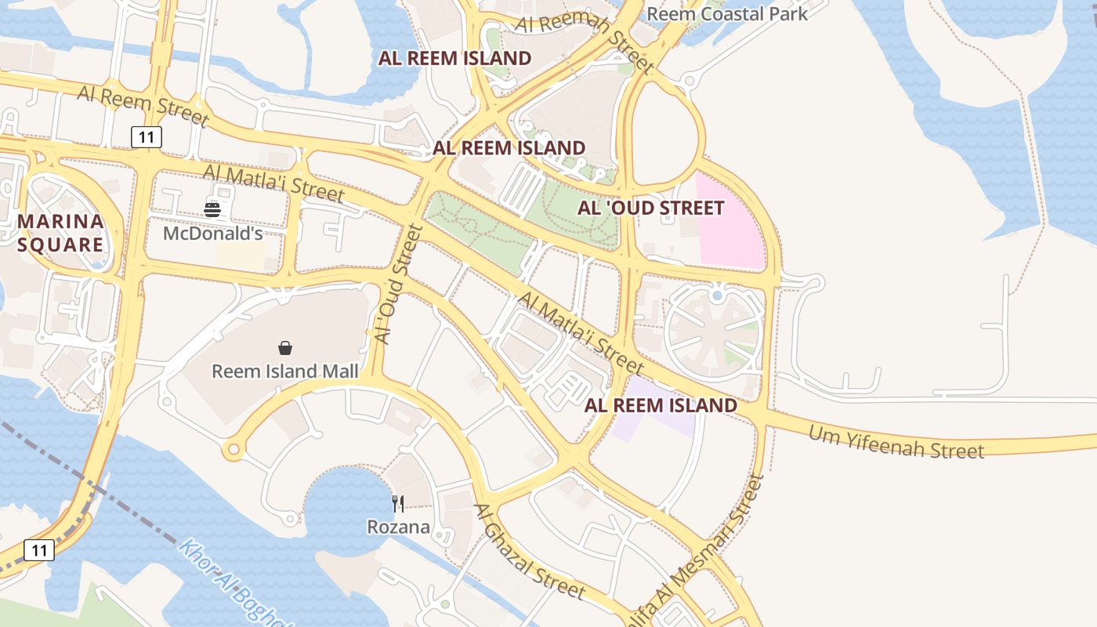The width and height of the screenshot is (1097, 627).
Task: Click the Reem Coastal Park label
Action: click(x=726, y=13)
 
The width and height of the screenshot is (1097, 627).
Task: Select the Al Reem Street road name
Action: click(x=143, y=105)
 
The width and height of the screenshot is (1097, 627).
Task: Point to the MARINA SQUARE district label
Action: click(x=60, y=233)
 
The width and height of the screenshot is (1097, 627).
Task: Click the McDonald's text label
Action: click(x=212, y=234)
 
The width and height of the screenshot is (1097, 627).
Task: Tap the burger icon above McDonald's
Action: click(x=212, y=209)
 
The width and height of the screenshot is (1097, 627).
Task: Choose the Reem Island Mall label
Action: click(x=285, y=371)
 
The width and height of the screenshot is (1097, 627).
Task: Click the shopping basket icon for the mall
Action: click(x=285, y=347)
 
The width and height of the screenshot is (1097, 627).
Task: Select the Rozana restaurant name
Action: click(x=399, y=527)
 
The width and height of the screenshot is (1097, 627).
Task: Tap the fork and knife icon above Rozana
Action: click(x=399, y=503)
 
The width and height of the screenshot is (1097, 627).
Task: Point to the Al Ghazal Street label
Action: click(x=529, y=551)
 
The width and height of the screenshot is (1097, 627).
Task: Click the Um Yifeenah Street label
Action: click(x=896, y=442)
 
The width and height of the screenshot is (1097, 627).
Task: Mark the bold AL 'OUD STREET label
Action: click(x=650, y=208)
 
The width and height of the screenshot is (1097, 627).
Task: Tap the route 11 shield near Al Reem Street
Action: click(x=147, y=137)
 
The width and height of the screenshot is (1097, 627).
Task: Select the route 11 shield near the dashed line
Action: click(x=39, y=549)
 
